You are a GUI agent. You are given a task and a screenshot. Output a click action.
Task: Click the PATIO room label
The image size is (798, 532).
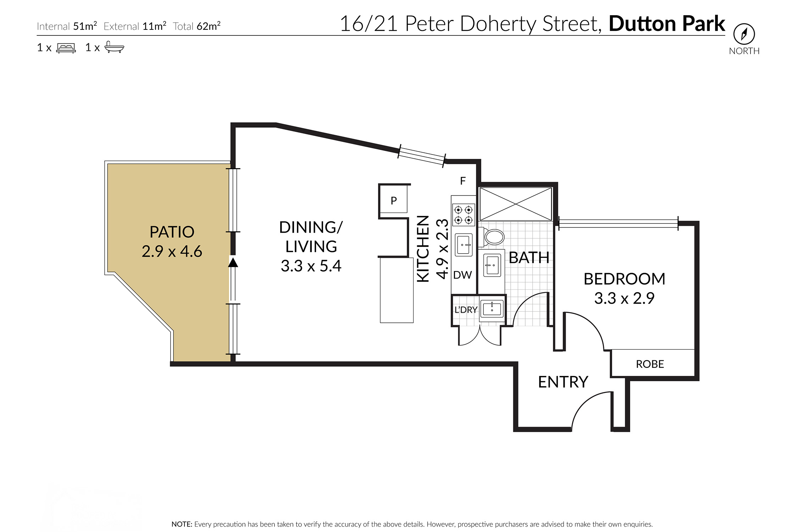point(172,232)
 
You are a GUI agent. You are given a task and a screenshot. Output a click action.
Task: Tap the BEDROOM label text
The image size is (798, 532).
point(624,279)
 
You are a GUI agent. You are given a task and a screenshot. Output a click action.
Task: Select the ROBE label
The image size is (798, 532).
point(650,364)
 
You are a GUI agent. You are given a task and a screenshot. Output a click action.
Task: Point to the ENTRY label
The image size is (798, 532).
point(563,382)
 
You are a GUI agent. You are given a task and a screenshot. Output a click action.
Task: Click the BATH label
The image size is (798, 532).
point(529,258)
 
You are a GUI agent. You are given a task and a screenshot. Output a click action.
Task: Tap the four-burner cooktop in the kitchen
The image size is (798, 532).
point(464,215)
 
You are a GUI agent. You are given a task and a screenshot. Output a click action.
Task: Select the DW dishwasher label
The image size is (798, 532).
point(462,275)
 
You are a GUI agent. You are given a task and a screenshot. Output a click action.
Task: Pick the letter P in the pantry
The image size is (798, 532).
point(394,201)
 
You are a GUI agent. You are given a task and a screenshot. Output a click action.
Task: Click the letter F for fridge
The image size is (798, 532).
point(463,181)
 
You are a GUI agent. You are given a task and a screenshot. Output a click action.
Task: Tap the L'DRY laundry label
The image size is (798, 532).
point(466,310)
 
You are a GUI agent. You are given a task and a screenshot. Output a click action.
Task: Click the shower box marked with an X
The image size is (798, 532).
point(516,204)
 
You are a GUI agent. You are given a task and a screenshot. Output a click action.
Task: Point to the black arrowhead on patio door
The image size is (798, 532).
point(233,262)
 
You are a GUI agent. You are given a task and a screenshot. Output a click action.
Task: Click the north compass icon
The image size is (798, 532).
point(744,34)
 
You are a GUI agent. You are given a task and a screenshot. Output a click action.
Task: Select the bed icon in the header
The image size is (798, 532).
point(66,48)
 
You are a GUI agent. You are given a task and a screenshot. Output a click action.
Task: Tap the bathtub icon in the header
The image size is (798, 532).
point(114,47)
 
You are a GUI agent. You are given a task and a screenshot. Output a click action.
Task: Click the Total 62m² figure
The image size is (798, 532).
point(196,26)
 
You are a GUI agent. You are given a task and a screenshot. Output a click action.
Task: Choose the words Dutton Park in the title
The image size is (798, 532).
point(667,24)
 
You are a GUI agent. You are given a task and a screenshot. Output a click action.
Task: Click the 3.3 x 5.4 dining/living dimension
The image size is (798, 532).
point(311,266)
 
